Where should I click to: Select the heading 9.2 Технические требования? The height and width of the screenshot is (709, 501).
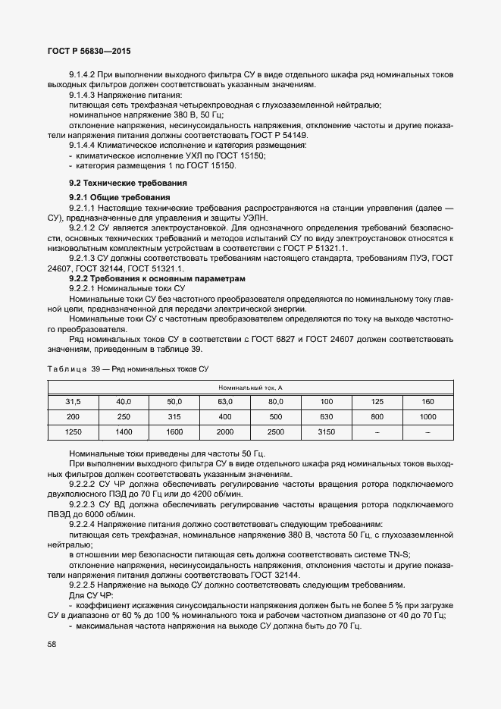point(127,184)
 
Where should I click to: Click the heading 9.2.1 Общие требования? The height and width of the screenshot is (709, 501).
point(120,197)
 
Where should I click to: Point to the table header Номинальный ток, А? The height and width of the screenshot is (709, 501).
point(250,387)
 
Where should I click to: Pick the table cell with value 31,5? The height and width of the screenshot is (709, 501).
point(73,401)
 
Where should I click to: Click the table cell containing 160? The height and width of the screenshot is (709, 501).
point(427,401)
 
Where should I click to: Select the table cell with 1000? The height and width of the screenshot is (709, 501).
point(427,416)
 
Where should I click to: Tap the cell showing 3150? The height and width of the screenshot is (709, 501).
point(326,431)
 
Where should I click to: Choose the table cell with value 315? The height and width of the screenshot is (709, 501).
point(174,416)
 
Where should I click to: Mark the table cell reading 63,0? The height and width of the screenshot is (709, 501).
point(225,401)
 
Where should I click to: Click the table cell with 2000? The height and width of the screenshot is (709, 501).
point(225,431)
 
